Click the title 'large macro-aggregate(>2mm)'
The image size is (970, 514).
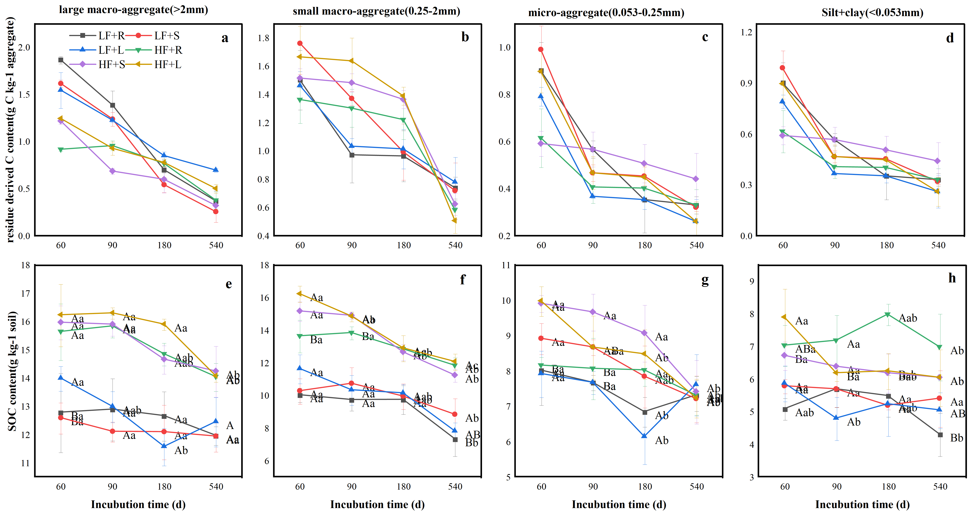click(133, 10)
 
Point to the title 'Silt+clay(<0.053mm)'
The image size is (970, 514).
click(872, 13)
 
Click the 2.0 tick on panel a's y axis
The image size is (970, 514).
click(24, 47)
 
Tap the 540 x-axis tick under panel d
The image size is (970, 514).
click(938, 245)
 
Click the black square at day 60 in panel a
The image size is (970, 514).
click(61, 60)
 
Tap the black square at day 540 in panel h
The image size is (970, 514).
click(940, 435)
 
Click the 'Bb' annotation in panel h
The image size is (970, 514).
click(956, 438)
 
